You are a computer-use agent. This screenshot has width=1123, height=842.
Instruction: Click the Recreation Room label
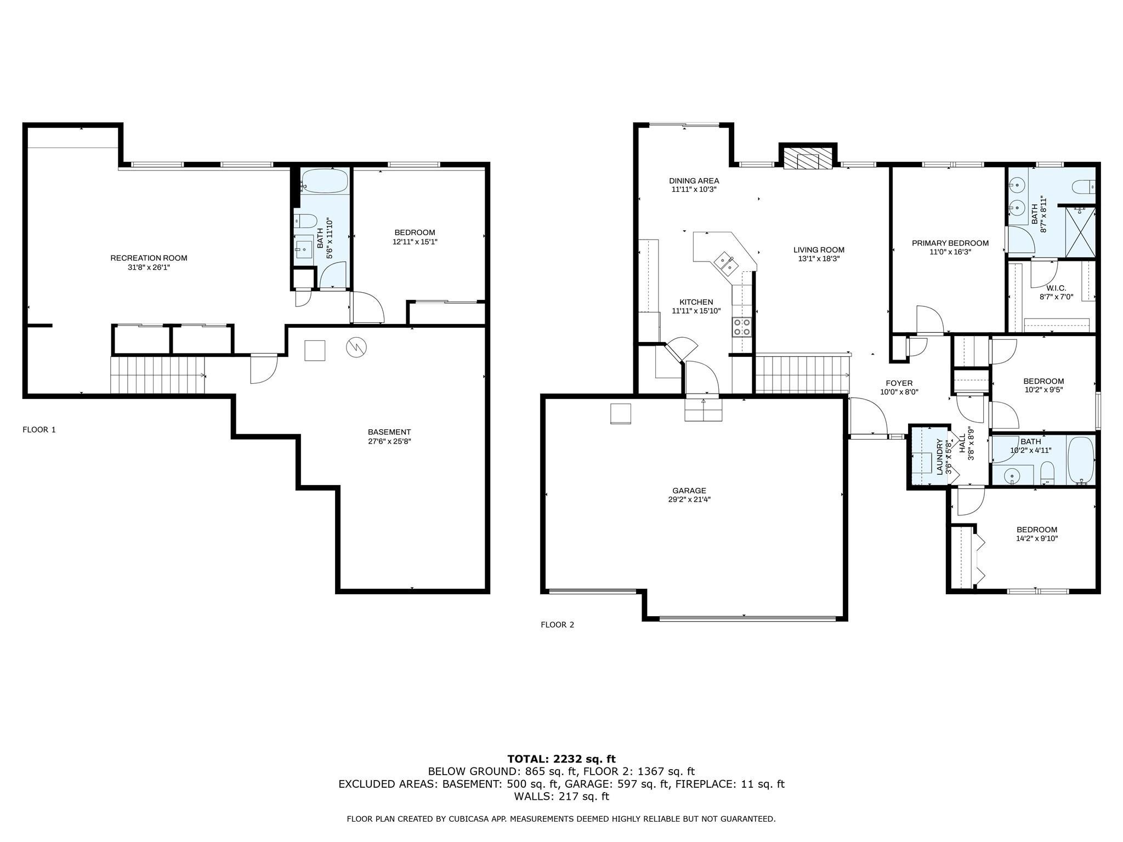149,258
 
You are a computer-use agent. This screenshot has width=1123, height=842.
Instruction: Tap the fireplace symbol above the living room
807,160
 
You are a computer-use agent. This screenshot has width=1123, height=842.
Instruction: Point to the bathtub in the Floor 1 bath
324,181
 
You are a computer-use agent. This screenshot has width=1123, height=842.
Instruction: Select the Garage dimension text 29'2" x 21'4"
689,499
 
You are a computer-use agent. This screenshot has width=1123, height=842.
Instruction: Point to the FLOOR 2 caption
557,624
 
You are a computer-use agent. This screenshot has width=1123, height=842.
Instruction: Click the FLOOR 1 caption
39,430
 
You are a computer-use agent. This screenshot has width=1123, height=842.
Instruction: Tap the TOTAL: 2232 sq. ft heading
561,759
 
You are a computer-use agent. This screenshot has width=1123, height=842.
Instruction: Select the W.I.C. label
1056,288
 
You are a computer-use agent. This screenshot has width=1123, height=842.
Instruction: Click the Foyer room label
899,383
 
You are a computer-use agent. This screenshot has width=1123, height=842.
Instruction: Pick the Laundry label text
939,457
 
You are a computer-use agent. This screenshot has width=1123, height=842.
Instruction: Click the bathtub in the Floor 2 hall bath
1081,459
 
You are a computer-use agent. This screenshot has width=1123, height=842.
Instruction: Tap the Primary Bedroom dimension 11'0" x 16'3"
950,252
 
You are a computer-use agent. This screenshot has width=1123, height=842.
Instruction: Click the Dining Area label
694,180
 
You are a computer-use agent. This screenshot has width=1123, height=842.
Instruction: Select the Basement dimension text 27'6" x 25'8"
389,441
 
